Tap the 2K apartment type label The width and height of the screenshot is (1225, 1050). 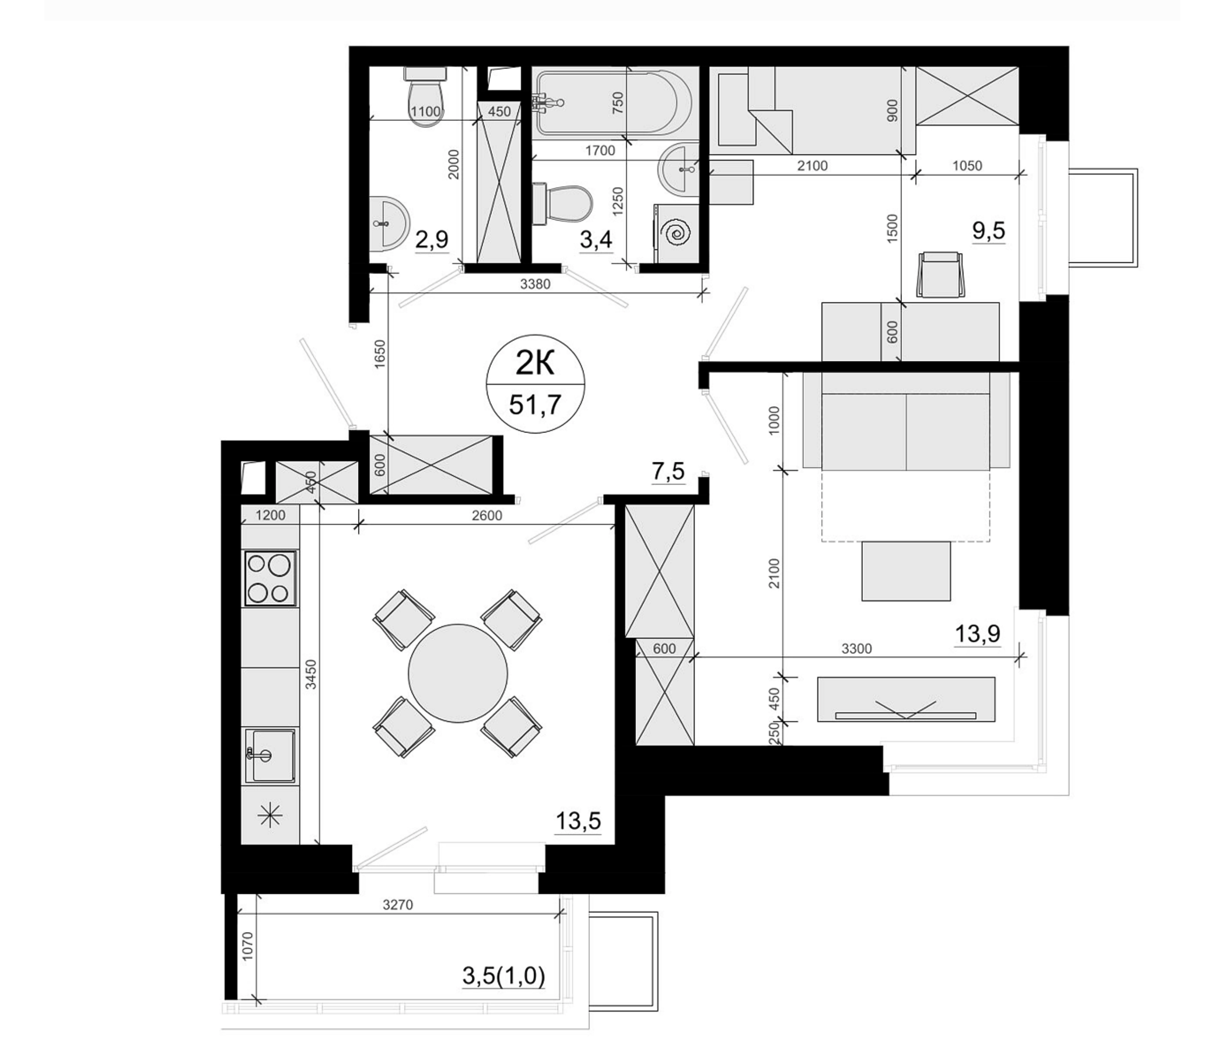click(x=534, y=363)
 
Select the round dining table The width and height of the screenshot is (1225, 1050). click(x=457, y=674)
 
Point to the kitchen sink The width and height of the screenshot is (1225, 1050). click(x=270, y=755)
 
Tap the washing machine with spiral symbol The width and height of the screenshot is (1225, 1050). click(x=676, y=233)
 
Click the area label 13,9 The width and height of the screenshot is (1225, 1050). click(x=977, y=633)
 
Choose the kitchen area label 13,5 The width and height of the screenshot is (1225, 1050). click(x=578, y=821)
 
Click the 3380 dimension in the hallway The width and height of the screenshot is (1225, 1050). click(x=535, y=285)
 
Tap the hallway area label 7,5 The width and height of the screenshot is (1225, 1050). click(x=668, y=471)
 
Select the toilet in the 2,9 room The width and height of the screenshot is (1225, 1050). click(x=425, y=96)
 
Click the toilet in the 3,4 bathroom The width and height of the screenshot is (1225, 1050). click(x=562, y=204)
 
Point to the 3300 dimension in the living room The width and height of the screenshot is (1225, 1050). click(x=856, y=649)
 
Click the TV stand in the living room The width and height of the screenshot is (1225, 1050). click(x=906, y=699)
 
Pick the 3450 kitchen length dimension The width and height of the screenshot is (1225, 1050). click(x=311, y=674)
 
